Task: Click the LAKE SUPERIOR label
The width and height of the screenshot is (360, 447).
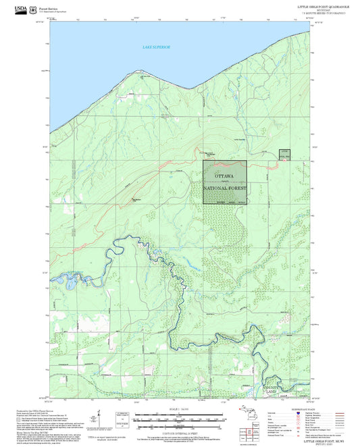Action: click(157, 47)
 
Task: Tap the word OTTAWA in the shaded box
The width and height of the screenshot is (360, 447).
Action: click(224, 176)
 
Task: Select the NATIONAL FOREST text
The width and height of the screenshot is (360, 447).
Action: click(225, 189)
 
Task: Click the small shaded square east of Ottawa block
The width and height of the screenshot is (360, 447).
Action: click(284, 155)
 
